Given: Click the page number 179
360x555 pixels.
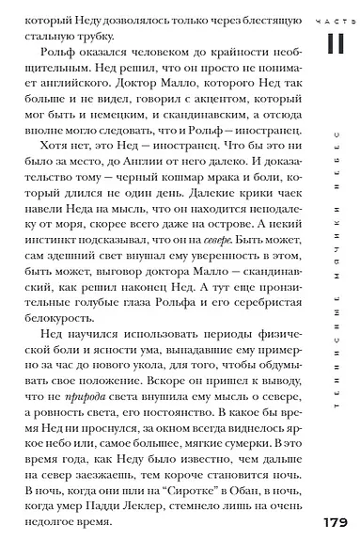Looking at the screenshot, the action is coord(335,523).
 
